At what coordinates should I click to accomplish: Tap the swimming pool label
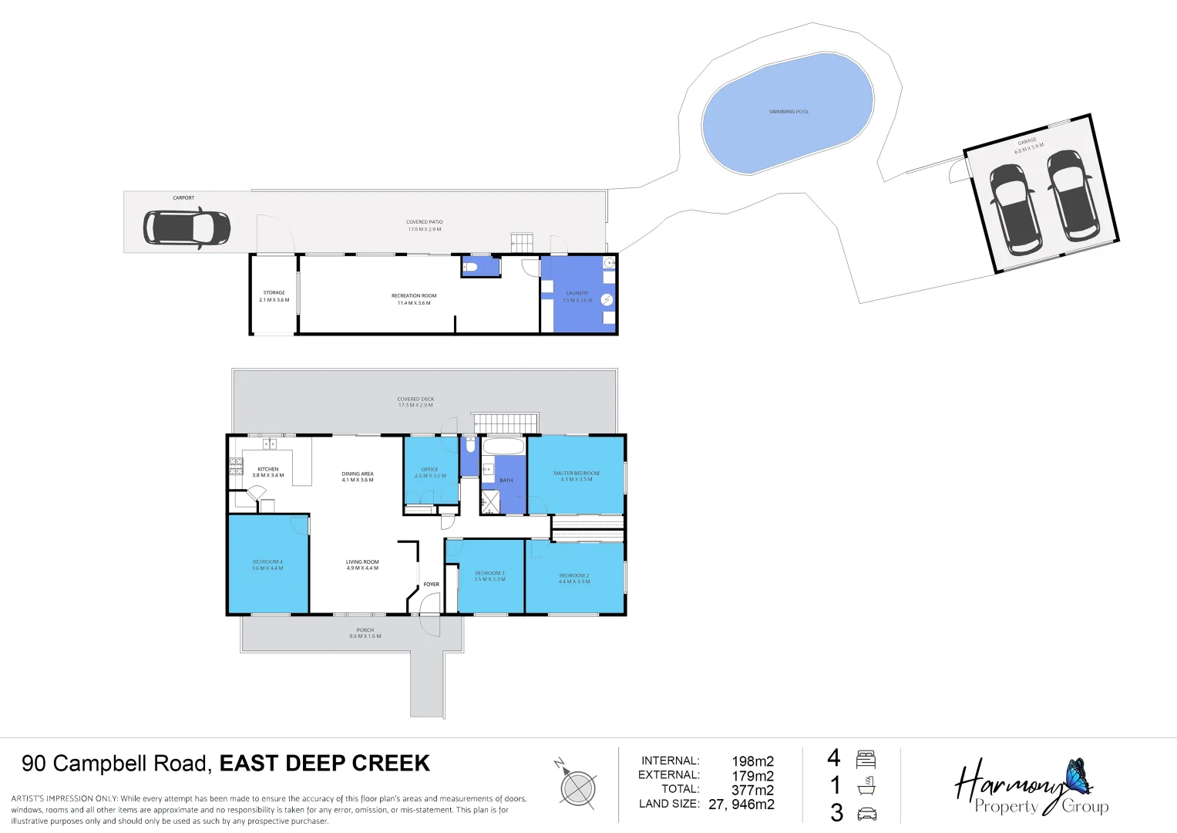[789, 112]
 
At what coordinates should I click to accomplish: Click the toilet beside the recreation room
[470, 267]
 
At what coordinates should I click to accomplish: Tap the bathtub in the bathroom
[503, 447]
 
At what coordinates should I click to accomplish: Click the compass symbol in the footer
[577, 788]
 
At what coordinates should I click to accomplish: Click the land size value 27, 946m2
[741, 804]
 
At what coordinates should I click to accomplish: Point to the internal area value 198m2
[752, 761]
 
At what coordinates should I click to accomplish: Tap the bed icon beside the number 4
[866, 759]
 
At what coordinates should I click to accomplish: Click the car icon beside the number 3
[867, 814]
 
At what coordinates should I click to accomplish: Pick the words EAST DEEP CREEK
[325, 764]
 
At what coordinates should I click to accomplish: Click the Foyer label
[432, 584]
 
